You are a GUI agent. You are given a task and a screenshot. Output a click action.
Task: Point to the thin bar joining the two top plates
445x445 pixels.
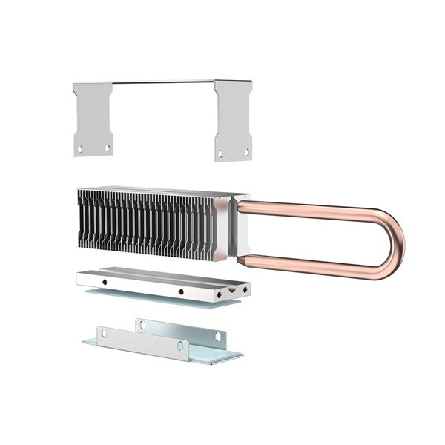pyautogui.click(x=163, y=82)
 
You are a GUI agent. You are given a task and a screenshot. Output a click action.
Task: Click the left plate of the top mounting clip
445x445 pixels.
pyautogui.click(x=93, y=119)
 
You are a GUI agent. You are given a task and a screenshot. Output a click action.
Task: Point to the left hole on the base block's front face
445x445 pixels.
pyautogui.click(x=105, y=283)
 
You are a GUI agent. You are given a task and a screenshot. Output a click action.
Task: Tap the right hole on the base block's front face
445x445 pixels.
pyautogui.click(x=180, y=291)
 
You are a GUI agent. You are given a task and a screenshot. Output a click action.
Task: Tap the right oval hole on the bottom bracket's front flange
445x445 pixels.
pyautogui.click(x=180, y=346)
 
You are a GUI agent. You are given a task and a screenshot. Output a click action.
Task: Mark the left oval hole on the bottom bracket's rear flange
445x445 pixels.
pyautogui.click(x=140, y=323)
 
